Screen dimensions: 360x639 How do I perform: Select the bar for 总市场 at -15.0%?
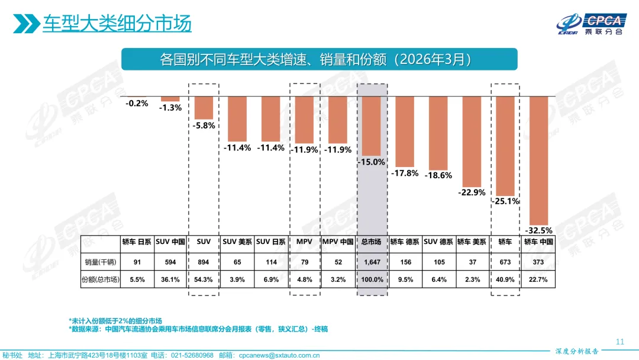[x=372, y=126]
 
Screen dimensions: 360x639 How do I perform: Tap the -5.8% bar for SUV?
[x=204, y=108]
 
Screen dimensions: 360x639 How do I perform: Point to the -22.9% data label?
[x=472, y=192]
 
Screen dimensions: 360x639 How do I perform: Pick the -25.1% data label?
[x=505, y=201]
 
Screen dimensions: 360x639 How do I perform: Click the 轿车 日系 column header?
[x=137, y=242]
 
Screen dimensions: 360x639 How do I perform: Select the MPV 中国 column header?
[x=338, y=242]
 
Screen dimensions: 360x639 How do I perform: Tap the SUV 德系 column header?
[x=438, y=242]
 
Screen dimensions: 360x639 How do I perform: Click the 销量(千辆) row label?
[x=100, y=261]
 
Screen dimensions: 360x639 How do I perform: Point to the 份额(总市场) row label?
[x=100, y=279]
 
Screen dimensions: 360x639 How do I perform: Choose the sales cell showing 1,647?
[x=372, y=261]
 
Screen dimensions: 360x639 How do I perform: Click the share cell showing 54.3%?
[x=204, y=279]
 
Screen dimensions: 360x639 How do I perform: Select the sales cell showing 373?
[x=538, y=261]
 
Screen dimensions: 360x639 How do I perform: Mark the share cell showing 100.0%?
[x=372, y=279]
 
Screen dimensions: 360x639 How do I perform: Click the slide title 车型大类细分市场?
[x=117, y=24]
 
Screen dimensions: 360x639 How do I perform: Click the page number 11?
[x=620, y=342]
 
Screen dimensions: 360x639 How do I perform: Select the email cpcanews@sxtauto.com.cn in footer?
[x=279, y=356]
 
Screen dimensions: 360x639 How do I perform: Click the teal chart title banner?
[x=319, y=60]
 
